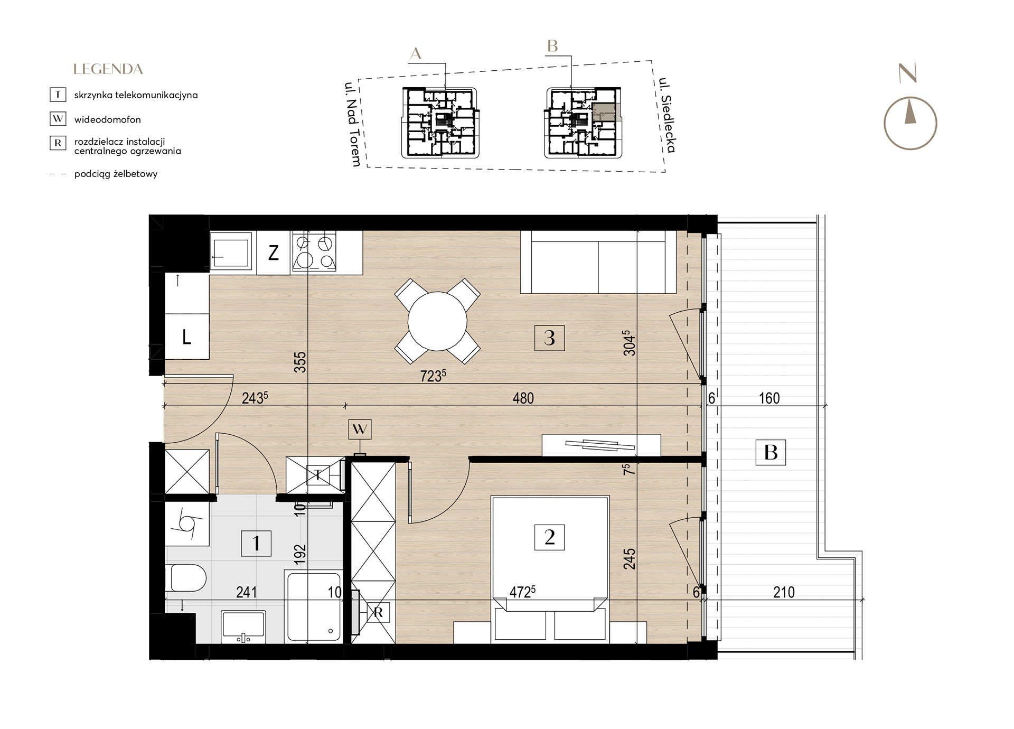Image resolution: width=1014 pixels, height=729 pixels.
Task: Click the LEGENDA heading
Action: point(108,69)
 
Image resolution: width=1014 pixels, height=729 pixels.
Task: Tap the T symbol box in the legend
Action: point(58,95)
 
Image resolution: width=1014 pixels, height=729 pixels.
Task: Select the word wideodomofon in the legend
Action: point(108,119)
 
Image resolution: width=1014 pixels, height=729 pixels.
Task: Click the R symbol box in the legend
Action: point(58,143)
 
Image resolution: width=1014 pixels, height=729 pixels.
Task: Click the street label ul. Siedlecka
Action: point(667,115)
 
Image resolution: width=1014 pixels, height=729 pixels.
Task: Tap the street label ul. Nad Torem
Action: point(353,124)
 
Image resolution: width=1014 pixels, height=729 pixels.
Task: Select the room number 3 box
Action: point(549,338)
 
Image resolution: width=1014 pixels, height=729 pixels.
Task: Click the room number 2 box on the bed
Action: point(549,537)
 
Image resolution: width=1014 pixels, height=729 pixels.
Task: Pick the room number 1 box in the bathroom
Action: point(256,543)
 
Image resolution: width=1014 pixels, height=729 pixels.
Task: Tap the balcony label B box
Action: point(771,452)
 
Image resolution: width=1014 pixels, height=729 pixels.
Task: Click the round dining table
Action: point(438,321)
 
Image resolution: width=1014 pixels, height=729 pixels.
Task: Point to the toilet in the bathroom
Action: point(185,578)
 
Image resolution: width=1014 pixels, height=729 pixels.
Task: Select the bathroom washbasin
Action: point(243,627)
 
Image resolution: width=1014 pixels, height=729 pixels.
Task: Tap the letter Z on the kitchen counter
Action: point(273,253)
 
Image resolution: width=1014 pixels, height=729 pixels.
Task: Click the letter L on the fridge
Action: point(186,337)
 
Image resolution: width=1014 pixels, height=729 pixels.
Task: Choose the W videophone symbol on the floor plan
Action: point(360,429)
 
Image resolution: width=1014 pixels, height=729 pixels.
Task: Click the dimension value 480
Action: point(523,398)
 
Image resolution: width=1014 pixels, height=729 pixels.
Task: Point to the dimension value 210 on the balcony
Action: point(784,592)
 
